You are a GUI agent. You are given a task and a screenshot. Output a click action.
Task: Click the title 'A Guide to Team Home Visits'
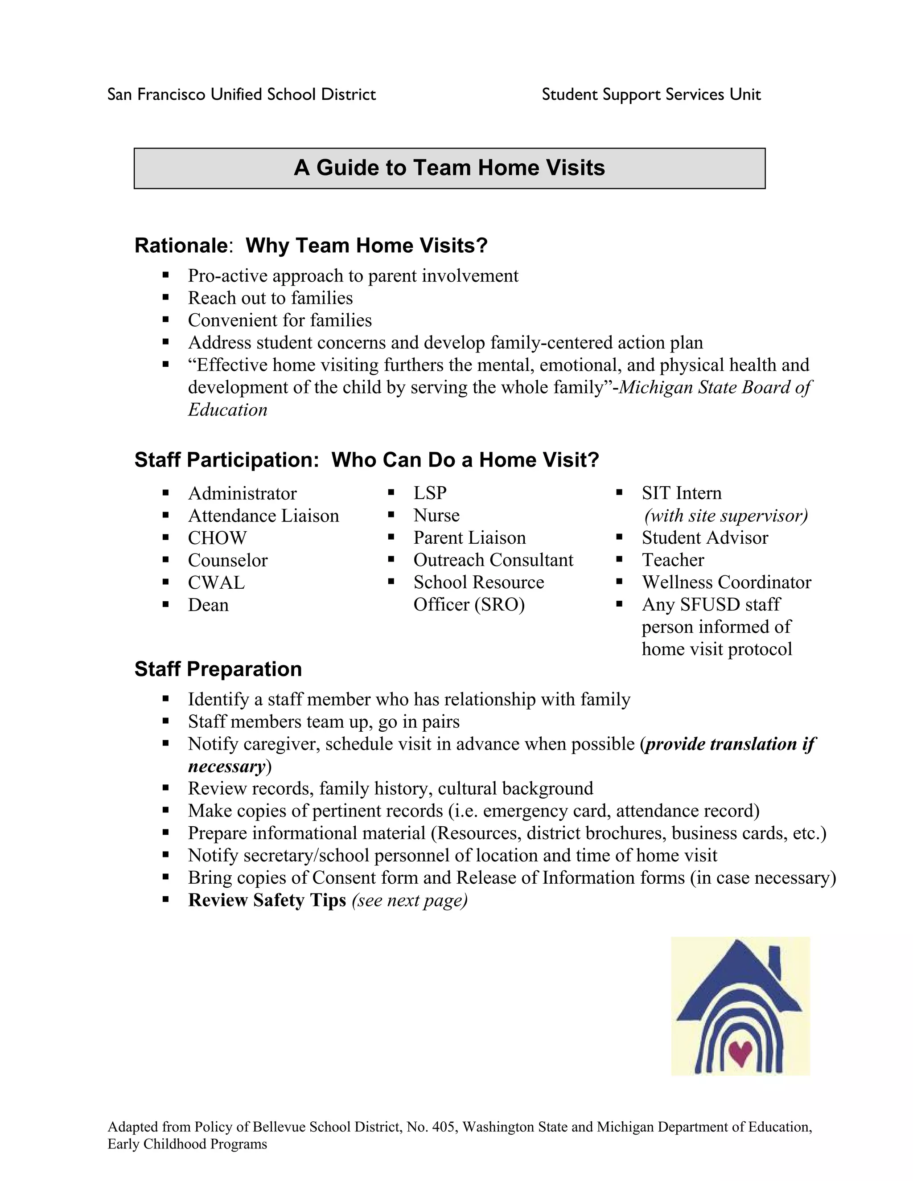pyautogui.click(x=449, y=168)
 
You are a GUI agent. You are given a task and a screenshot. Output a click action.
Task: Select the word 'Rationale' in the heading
pyautogui.click(x=181, y=246)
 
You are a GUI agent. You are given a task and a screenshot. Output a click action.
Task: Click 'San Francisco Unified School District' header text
pyautogui.click(x=241, y=94)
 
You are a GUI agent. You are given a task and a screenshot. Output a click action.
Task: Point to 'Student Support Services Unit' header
pyautogui.click(x=651, y=94)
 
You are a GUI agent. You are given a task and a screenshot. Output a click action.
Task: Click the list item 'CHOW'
pyautogui.click(x=217, y=538)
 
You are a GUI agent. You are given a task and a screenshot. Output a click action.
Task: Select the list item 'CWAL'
pyautogui.click(x=216, y=583)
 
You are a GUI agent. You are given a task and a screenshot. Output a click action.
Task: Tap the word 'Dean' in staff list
pyautogui.click(x=208, y=605)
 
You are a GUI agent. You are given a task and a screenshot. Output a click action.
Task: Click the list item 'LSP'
pyautogui.click(x=430, y=493)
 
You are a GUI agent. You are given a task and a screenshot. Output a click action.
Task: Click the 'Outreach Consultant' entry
pyautogui.click(x=494, y=560)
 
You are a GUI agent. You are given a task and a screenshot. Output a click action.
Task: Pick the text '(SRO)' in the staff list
pyautogui.click(x=499, y=605)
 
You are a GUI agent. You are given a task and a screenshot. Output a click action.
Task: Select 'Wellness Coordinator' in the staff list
pyautogui.click(x=726, y=582)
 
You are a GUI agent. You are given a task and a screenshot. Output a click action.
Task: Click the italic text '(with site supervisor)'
pyautogui.click(x=726, y=516)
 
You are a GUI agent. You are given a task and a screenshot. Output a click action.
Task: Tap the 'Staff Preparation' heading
pyautogui.click(x=218, y=669)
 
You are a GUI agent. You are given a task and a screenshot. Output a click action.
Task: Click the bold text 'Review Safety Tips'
pyautogui.click(x=267, y=900)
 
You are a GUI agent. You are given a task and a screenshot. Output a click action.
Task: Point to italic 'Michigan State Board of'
pyautogui.click(x=715, y=388)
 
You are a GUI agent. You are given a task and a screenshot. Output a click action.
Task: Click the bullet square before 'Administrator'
pyautogui.click(x=165, y=493)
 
